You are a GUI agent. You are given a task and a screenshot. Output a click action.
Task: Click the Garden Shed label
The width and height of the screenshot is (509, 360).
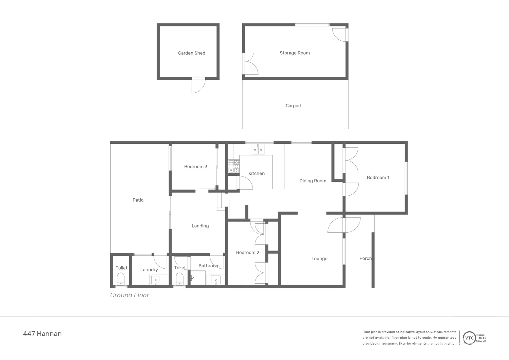click(x=192, y=53)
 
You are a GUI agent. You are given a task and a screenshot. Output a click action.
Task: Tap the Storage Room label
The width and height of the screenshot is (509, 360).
click(x=294, y=53)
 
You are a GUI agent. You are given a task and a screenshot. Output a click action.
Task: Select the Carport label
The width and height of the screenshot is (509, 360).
click(x=293, y=106)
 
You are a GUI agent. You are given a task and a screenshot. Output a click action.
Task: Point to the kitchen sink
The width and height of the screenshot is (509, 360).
click(x=258, y=150)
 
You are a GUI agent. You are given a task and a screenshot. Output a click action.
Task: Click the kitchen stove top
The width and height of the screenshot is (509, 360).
click(x=234, y=166)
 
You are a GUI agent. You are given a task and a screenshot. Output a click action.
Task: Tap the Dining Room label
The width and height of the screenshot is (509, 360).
click(x=312, y=181)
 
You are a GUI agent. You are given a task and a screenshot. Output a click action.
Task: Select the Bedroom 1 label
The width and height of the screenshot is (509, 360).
click(x=378, y=178)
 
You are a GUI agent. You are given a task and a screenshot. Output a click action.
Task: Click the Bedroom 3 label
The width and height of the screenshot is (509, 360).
click(x=196, y=167)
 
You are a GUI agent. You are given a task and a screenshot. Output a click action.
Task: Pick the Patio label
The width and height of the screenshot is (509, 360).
click(x=138, y=200)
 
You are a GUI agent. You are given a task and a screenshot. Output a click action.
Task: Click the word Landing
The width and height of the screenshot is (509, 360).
click(x=200, y=226)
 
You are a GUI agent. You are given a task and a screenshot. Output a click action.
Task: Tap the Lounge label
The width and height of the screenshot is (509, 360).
click(x=319, y=259)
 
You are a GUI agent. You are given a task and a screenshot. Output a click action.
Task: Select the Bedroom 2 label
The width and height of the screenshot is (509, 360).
click(x=248, y=253)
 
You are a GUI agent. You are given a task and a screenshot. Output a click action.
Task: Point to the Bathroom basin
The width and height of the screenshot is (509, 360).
click(x=216, y=280)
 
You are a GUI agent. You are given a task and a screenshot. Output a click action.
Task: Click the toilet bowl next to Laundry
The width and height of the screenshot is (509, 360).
click(x=121, y=278)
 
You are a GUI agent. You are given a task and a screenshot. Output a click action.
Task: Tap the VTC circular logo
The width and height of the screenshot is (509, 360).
click(x=469, y=338)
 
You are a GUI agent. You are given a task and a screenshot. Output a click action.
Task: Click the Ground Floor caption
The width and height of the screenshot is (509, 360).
click(x=130, y=295)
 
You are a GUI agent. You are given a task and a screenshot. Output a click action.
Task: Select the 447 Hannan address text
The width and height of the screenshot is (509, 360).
click(x=42, y=334)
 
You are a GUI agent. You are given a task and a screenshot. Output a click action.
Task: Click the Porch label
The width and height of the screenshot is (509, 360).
click(x=365, y=258)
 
